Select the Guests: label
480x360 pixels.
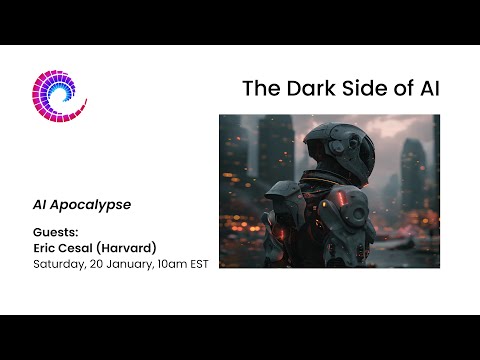pos(55,232)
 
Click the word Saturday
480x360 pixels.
pos(60,265)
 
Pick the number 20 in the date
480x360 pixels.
pos(101,265)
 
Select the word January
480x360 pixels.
pos(137,265)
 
